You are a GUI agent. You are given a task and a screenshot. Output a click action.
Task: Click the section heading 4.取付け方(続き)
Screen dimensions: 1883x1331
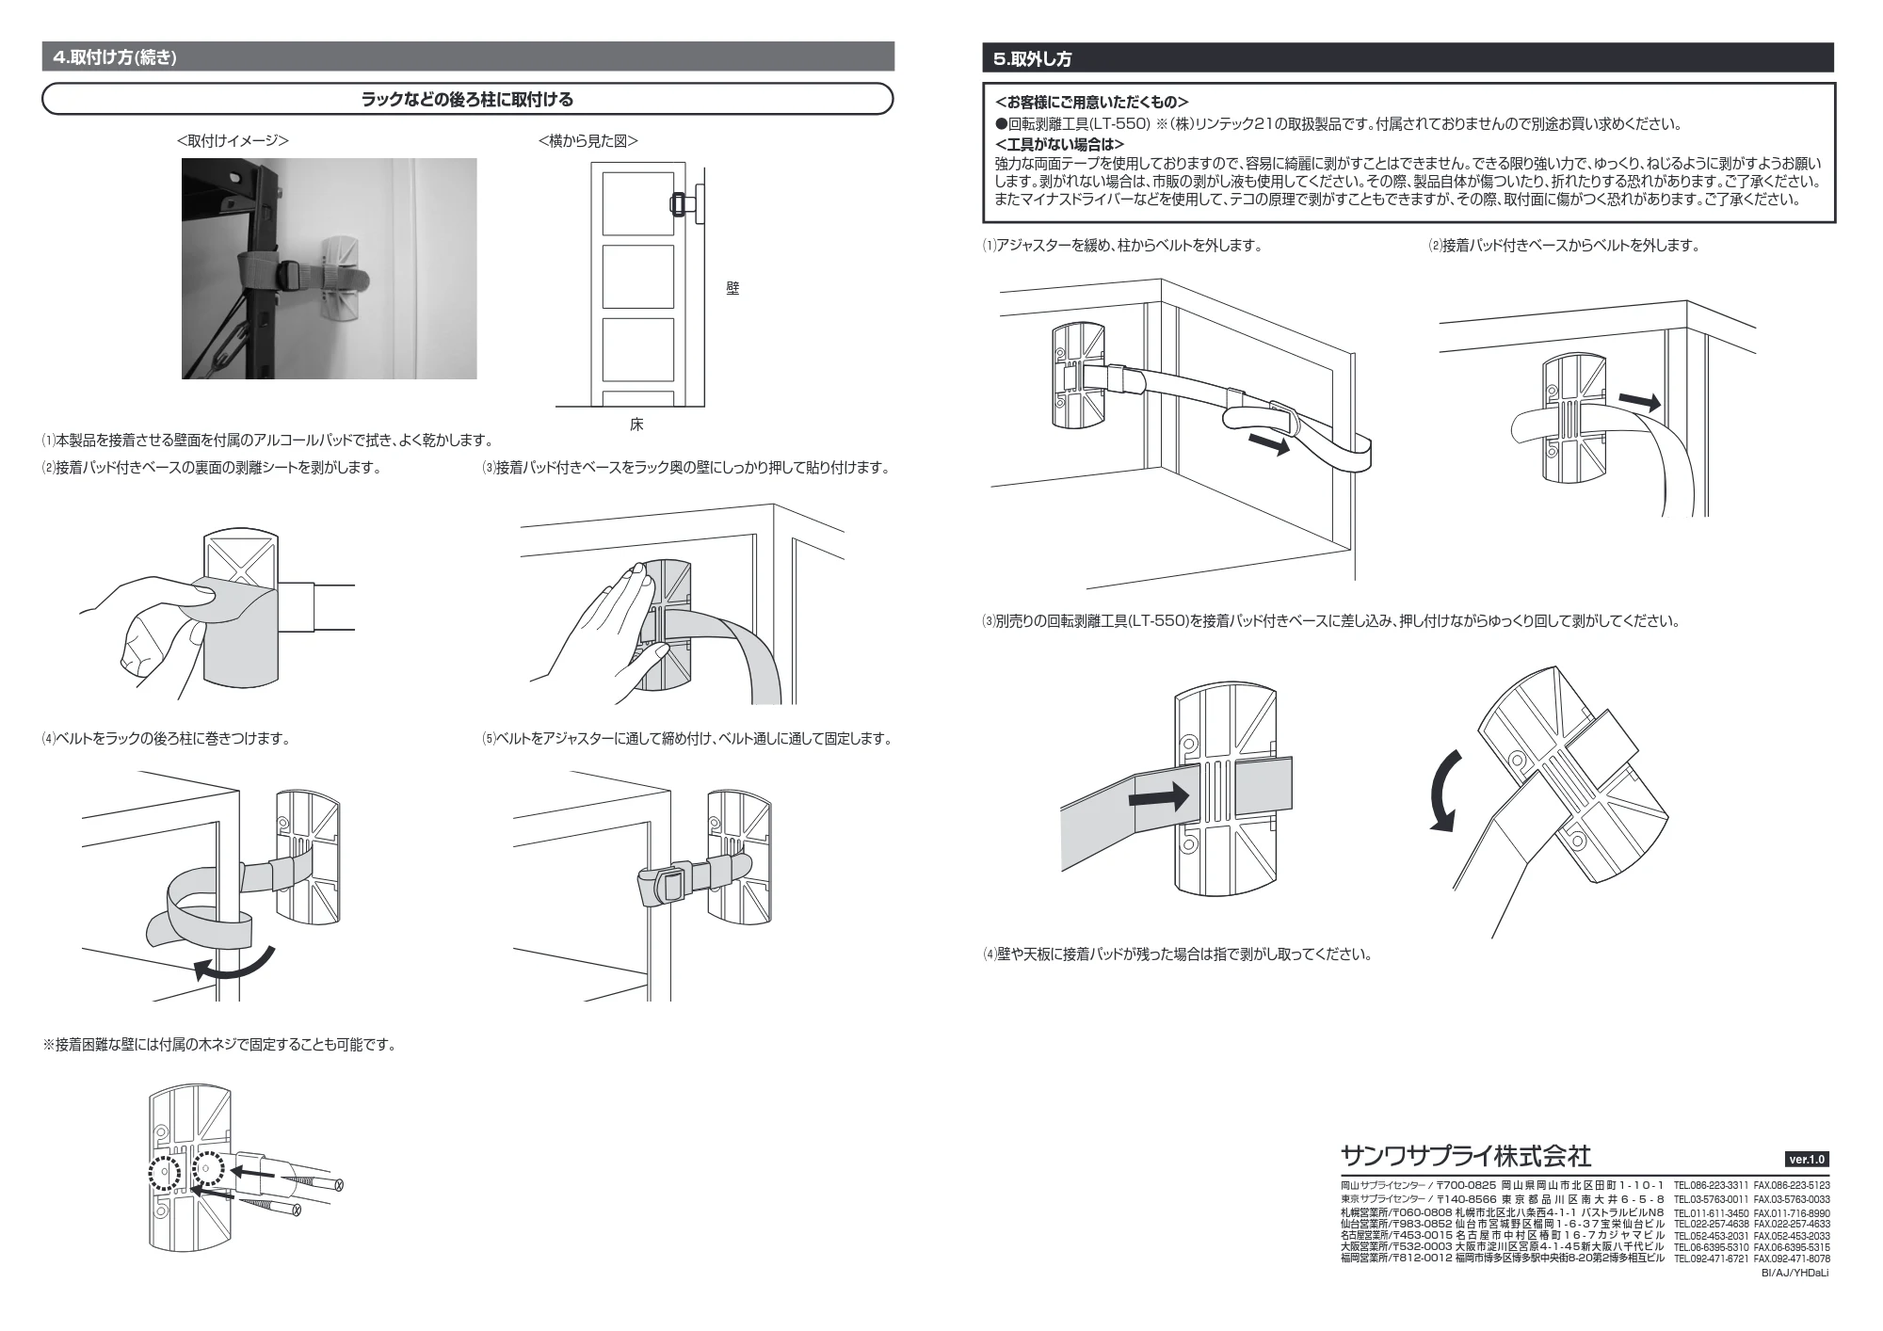[x=115, y=57]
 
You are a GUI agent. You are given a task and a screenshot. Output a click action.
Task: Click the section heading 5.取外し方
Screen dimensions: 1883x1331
[x=1032, y=58]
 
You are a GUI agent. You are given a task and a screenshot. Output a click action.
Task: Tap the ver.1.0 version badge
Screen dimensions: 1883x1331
[x=1806, y=1159]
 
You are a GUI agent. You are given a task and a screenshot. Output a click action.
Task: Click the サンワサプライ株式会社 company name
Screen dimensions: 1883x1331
[x=1466, y=1155]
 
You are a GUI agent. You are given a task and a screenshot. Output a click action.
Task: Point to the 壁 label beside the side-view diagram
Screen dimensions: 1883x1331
[x=732, y=289]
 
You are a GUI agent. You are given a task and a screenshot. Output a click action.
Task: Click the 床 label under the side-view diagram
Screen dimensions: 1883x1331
[x=636, y=425]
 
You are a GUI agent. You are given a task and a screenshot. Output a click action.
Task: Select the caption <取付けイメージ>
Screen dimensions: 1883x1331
[x=233, y=140]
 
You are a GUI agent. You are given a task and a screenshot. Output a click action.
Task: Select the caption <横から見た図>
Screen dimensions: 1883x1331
[x=587, y=140]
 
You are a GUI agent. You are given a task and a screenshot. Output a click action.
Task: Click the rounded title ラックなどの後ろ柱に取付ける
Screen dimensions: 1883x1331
[x=467, y=99]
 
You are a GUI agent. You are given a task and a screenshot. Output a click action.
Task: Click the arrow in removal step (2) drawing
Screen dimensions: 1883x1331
[x=1640, y=402]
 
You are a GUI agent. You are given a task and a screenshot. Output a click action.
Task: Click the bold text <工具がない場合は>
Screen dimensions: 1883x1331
[x=1059, y=144]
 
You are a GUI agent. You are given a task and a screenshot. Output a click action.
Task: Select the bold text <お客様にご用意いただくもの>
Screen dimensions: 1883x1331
[x=1091, y=102]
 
